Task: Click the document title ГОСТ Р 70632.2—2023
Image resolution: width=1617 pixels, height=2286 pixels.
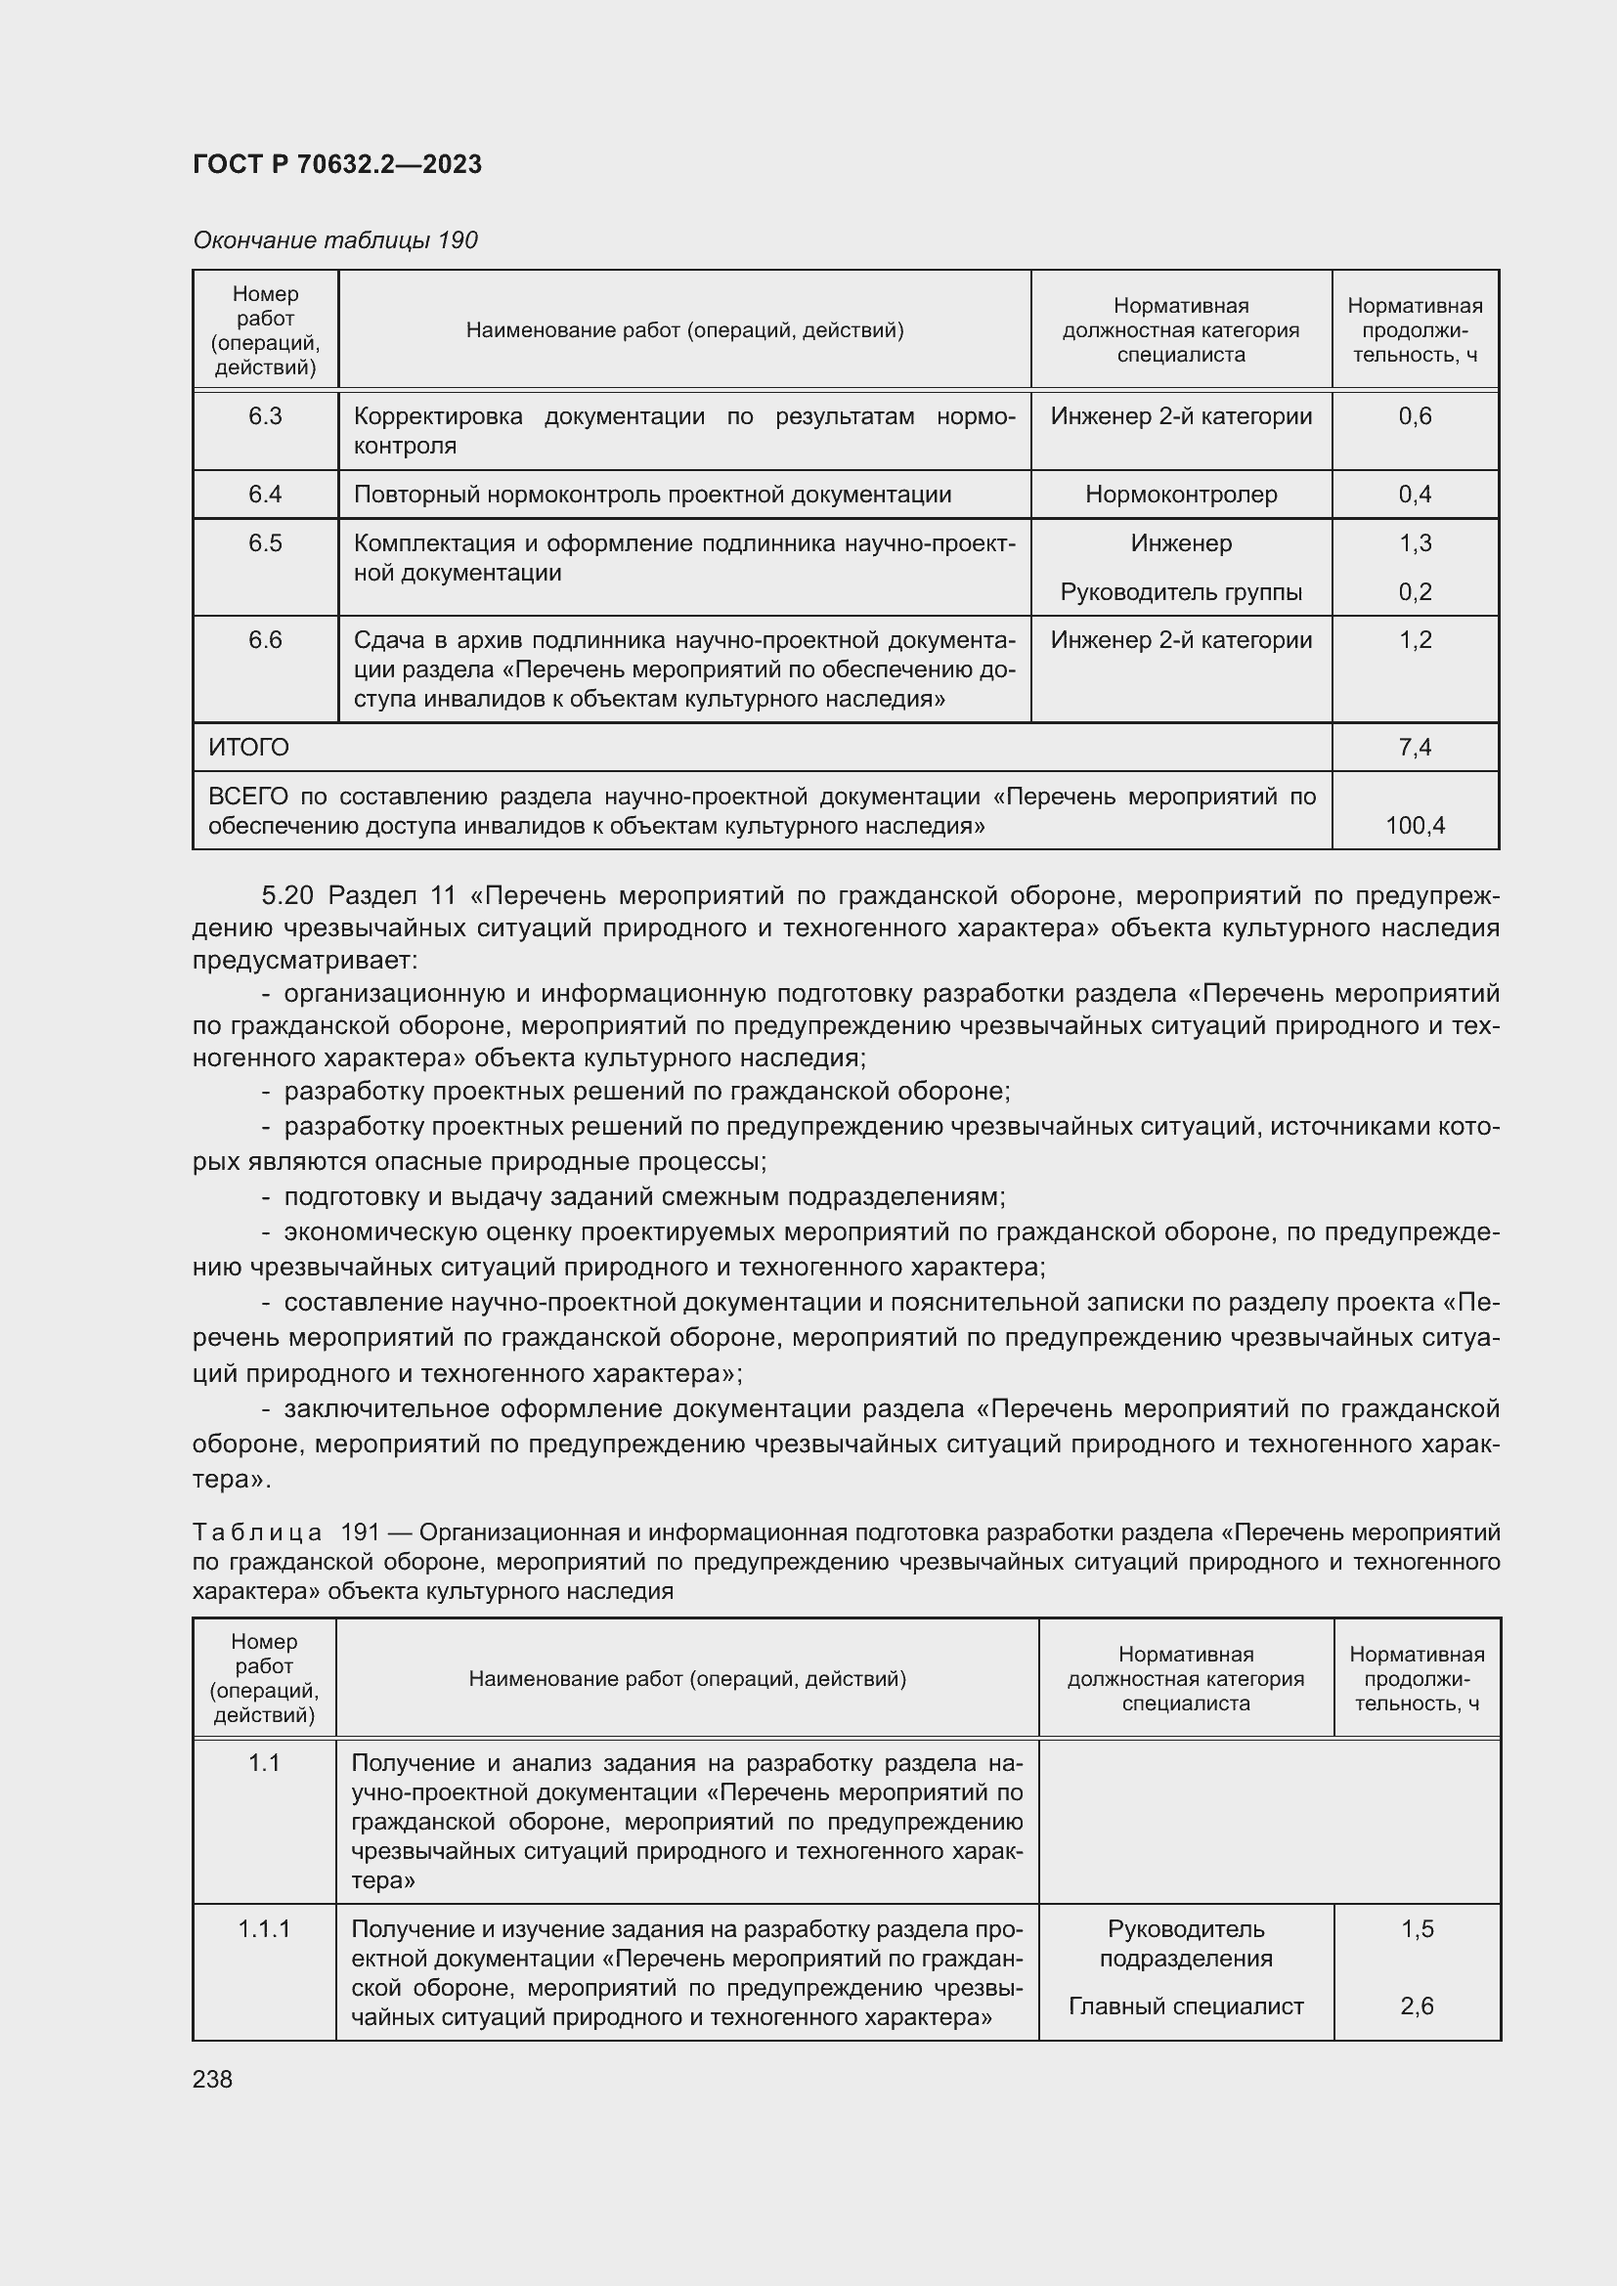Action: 336,164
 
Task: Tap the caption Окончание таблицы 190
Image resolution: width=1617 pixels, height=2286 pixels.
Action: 334,240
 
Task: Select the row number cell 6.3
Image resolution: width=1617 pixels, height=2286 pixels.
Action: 265,416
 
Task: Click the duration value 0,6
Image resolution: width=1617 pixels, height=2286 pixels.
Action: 1414,416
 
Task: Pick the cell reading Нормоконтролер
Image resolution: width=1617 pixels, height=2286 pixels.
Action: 1181,494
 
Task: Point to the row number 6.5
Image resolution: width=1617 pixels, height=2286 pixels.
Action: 265,542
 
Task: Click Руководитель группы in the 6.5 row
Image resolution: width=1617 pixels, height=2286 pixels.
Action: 1181,591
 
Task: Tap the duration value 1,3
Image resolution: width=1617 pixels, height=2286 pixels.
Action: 1414,542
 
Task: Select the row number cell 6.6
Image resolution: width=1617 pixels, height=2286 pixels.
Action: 265,639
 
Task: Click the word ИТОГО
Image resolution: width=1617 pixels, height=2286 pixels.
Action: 249,747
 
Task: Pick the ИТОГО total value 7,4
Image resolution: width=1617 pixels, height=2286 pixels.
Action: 1414,747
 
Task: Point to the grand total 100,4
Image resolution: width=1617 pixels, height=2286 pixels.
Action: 1414,825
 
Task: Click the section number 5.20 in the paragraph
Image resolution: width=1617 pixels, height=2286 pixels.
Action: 287,895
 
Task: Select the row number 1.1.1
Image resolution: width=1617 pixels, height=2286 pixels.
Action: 264,1928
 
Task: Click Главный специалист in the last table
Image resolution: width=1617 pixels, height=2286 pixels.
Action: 1185,2006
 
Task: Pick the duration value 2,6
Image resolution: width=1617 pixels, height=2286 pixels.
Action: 1416,2006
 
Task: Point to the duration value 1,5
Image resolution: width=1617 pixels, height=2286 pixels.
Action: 1416,1928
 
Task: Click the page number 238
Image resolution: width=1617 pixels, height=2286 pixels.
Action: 212,2079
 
